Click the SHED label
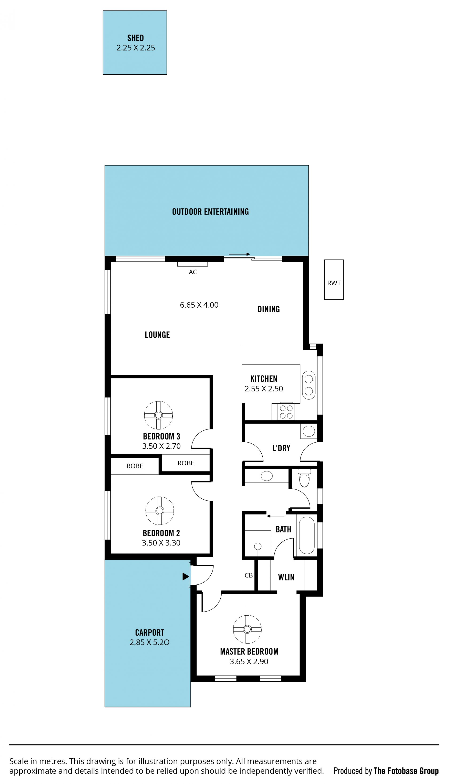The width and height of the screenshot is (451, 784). coord(135,38)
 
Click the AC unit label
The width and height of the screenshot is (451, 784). coord(193,272)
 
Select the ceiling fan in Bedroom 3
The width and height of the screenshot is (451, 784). coord(158,415)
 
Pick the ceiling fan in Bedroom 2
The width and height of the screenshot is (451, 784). coord(159,511)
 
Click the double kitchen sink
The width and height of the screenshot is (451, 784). coord(308,385)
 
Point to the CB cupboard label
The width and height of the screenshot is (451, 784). coord(249,575)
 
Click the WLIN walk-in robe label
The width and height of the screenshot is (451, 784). coord(286,577)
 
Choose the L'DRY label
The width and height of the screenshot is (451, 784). coord(281,448)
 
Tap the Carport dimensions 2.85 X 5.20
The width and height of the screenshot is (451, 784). coord(149,642)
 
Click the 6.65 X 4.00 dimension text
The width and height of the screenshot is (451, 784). coord(199,305)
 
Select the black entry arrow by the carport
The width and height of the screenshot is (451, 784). coord(186,576)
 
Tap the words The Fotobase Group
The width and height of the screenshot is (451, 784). coord(406,771)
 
